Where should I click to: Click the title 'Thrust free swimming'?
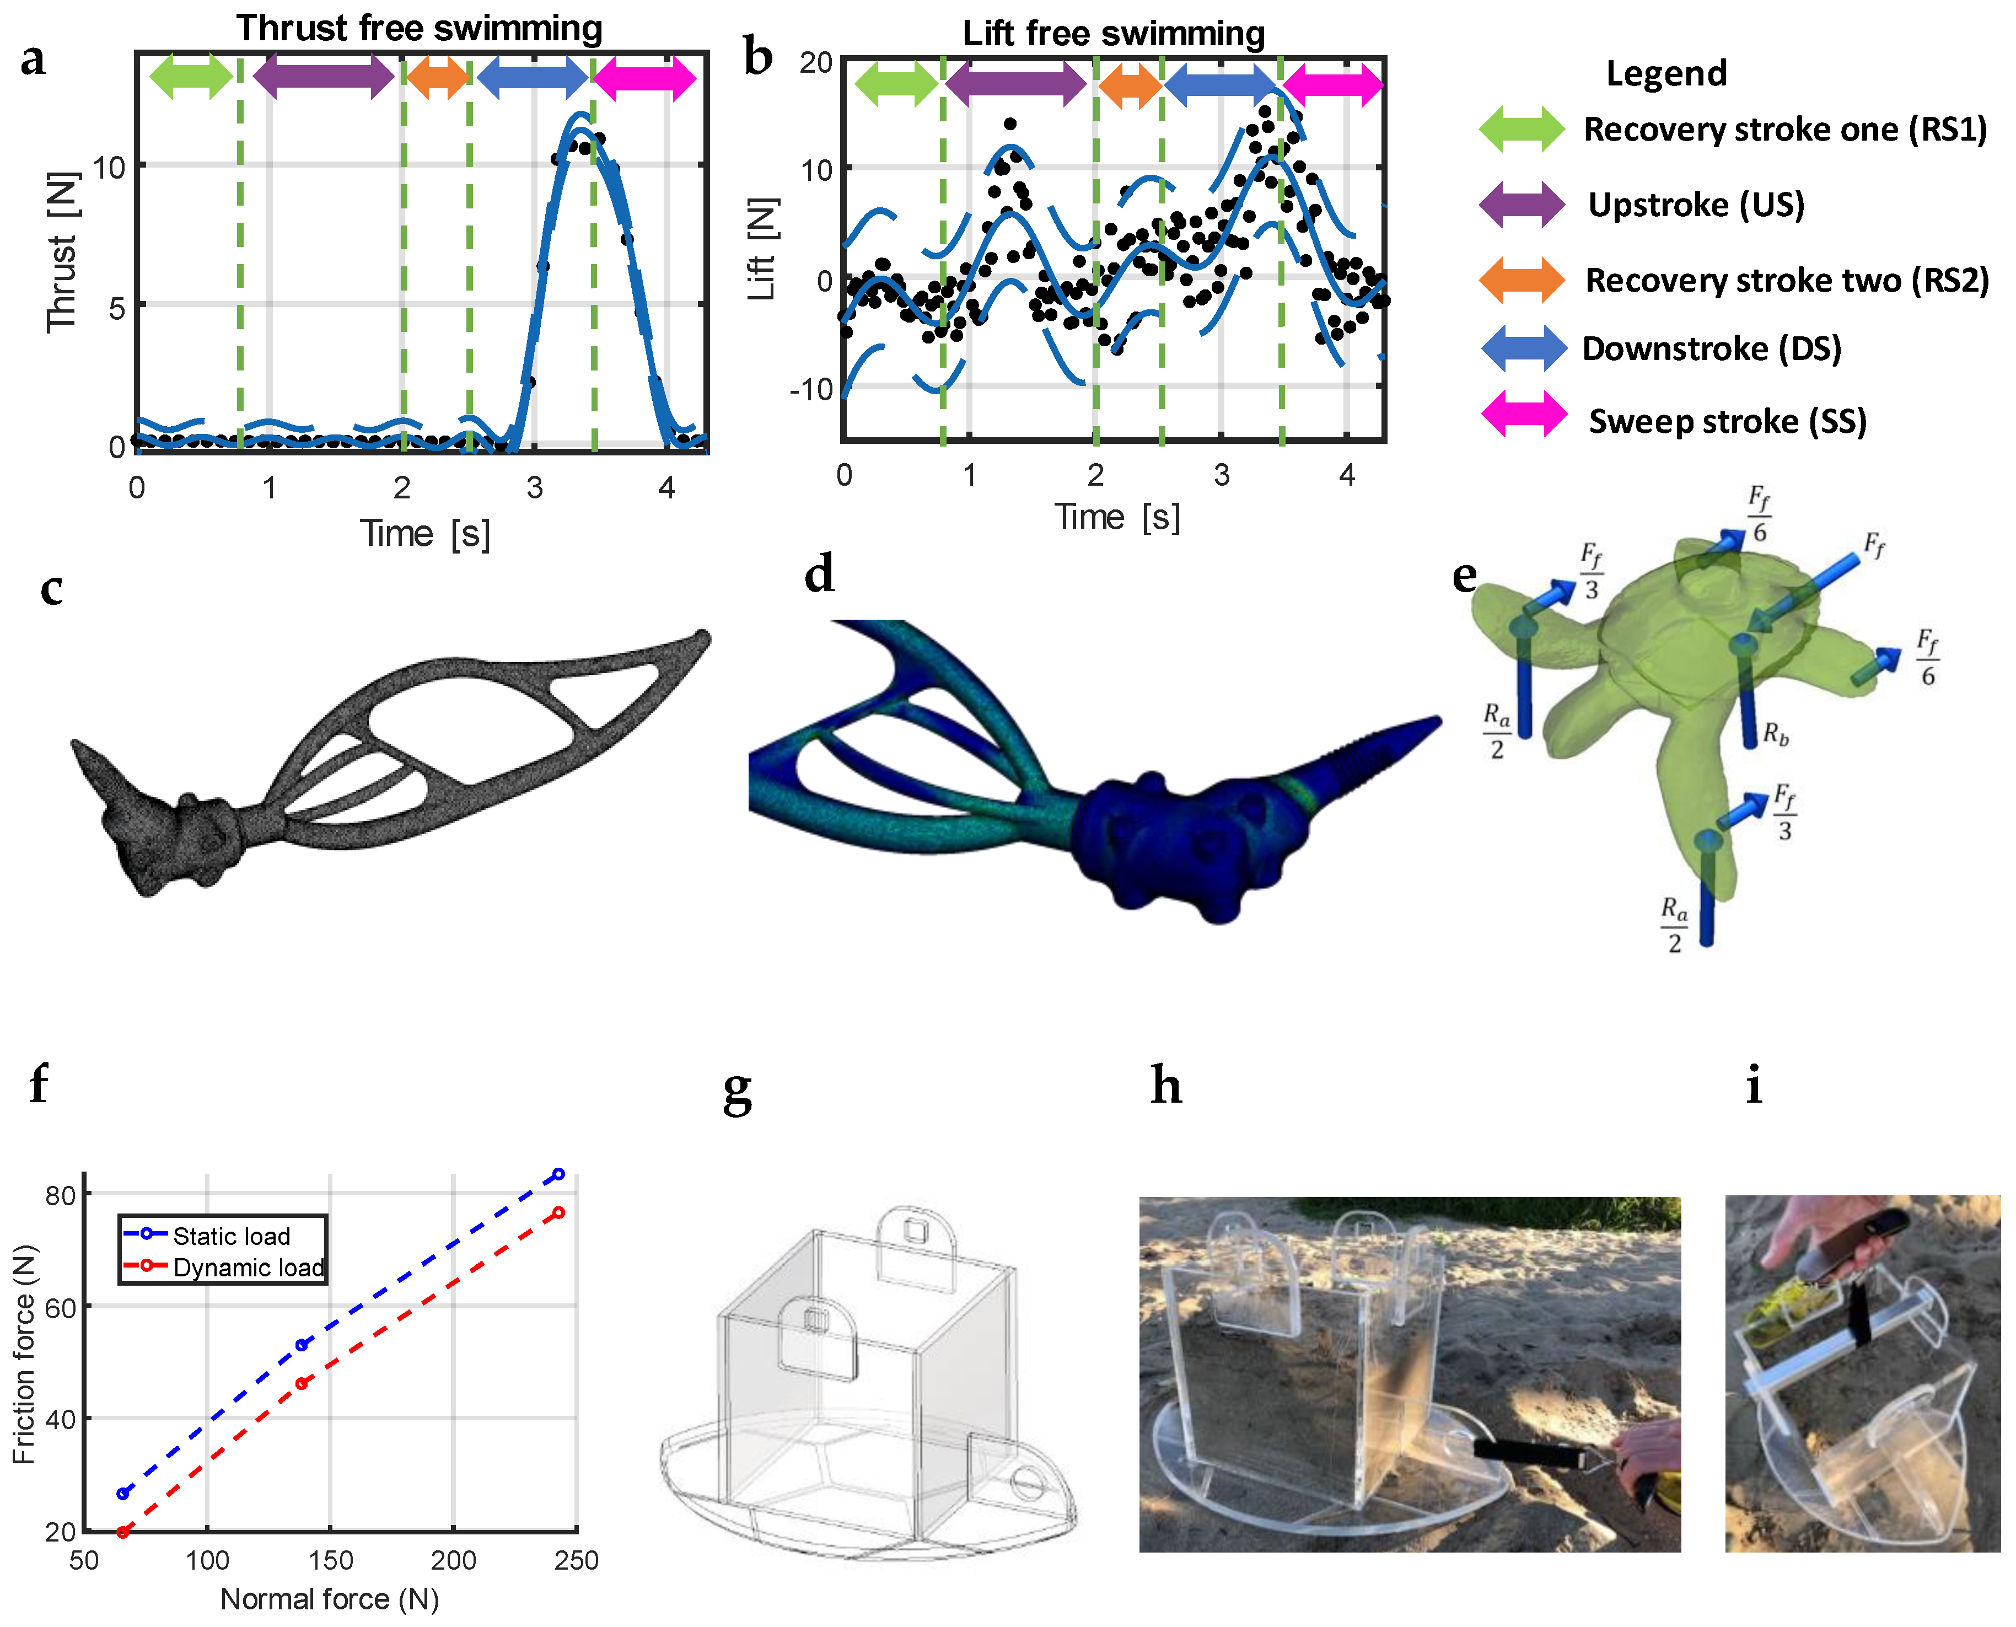coord(419,28)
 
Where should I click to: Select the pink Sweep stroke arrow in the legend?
coord(1523,414)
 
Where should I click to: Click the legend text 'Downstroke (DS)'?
coord(1711,348)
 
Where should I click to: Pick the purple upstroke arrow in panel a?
coord(324,76)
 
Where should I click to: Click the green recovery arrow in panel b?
coord(896,83)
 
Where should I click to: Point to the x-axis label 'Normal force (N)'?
coord(329,1599)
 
